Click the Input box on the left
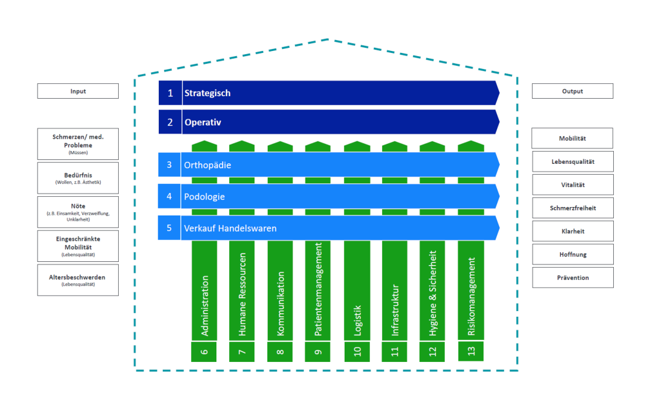[77, 91]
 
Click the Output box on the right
[572, 91]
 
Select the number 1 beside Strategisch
[170, 93]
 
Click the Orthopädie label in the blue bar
[208, 165]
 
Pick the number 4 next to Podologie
[169, 196]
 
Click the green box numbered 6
[204, 352]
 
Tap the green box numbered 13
[471, 352]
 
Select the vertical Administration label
[205, 306]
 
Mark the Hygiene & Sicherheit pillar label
[432, 294]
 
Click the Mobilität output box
[572, 139]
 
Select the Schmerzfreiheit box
[572, 208]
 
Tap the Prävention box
[572, 277]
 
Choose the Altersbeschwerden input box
[77, 280]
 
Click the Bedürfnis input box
[77, 178]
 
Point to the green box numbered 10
[357, 352]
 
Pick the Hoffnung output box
[572, 254]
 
